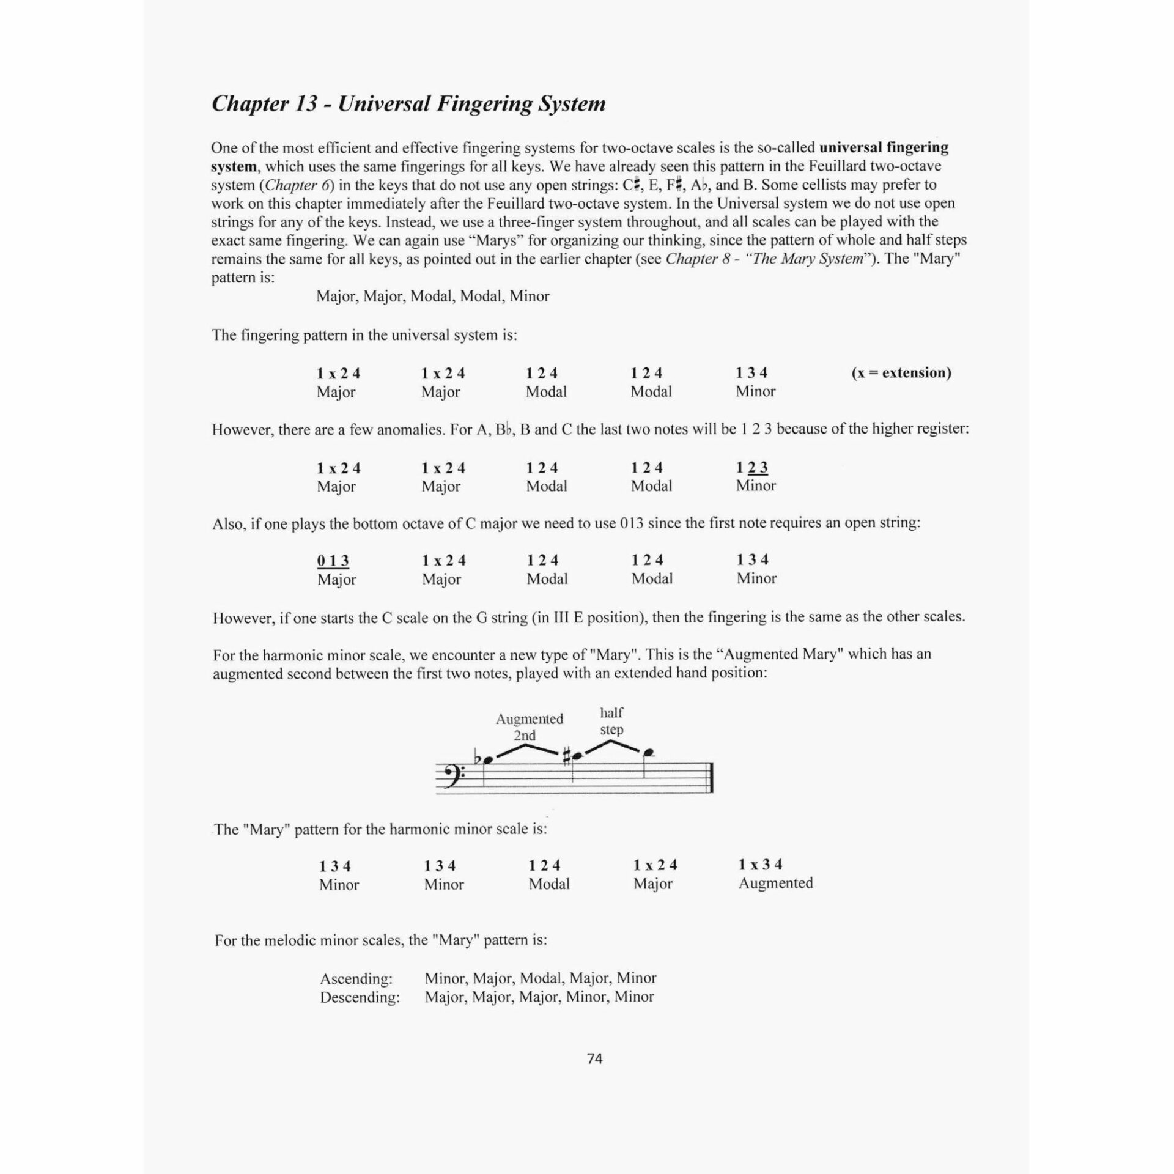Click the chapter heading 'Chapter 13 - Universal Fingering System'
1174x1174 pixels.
tap(408, 104)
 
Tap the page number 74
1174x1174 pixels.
tap(594, 1058)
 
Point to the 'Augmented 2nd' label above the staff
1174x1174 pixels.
tap(529, 726)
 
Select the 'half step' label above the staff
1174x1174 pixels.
tap(611, 721)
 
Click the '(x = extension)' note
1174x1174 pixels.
tap(901, 373)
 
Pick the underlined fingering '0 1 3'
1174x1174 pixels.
tap(333, 561)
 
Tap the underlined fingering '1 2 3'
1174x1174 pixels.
tap(752, 468)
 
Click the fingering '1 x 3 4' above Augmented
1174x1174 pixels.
tap(760, 865)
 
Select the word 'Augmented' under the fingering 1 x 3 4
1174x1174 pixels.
tap(775, 883)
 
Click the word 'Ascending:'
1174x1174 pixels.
tap(356, 978)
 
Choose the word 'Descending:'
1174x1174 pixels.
tap(360, 997)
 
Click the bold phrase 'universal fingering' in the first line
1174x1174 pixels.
tap(884, 147)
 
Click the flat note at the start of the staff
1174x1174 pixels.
tap(487, 761)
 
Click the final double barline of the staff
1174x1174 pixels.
tap(712, 778)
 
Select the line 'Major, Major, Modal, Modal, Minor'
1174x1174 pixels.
tap(433, 297)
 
